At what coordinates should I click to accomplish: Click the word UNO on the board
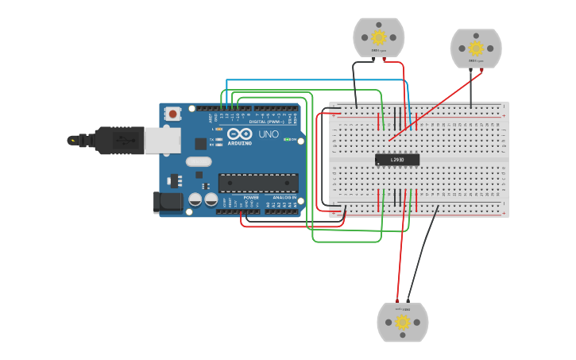pyautogui.click(x=268, y=134)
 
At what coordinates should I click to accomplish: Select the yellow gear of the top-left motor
pyautogui.click(x=378, y=37)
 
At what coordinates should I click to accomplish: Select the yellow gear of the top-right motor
pyautogui.click(x=475, y=48)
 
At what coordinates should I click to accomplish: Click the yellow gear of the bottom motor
pyautogui.click(x=402, y=322)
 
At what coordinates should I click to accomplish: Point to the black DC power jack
pyautogui.click(x=168, y=202)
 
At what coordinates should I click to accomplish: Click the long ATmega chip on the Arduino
pyautogui.click(x=258, y=183)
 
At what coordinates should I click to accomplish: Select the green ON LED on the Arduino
pyautogui.click(x=286, y=140)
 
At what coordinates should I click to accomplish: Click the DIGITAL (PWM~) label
pyautogui.click(x=266, y=122)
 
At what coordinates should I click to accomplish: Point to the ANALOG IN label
pyautogui.click(x=284, y=197)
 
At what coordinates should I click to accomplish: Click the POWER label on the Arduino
pyautogui.click(x=251, y=197)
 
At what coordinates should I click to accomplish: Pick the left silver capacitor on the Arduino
pyautogui.click(x=195, y=199)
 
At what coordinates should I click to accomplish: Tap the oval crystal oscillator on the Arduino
pyautogui.click(x=199, y=161)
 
